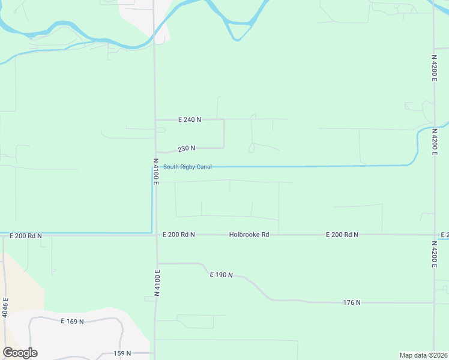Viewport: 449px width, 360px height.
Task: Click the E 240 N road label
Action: (189, 120)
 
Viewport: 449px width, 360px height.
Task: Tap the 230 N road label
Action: (186, 148)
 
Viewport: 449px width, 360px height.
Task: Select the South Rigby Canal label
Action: (187, 167)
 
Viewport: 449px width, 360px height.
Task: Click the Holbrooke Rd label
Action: (249, 235)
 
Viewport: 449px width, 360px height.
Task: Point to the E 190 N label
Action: (221, 274)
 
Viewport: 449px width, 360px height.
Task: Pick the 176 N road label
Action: (352, 302)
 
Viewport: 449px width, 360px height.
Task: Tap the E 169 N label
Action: (72, 322)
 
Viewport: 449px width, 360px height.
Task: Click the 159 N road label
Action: (122, 353)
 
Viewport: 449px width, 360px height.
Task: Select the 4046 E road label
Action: (5, 307)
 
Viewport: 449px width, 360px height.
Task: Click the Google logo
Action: (20, 353)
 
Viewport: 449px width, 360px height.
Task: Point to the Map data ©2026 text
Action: (423, 355)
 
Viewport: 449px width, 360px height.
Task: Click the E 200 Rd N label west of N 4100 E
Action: (26, 236)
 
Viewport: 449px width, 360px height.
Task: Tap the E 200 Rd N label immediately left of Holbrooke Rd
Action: (179, 235)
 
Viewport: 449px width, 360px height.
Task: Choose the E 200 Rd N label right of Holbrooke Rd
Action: (342, 235)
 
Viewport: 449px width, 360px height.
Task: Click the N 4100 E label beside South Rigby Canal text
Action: (155, 172)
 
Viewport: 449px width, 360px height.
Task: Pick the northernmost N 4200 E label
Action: (434, 71)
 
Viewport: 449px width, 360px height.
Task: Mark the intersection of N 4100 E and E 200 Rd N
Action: (155, 235)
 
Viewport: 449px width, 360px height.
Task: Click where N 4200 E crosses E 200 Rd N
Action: (434, 235)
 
